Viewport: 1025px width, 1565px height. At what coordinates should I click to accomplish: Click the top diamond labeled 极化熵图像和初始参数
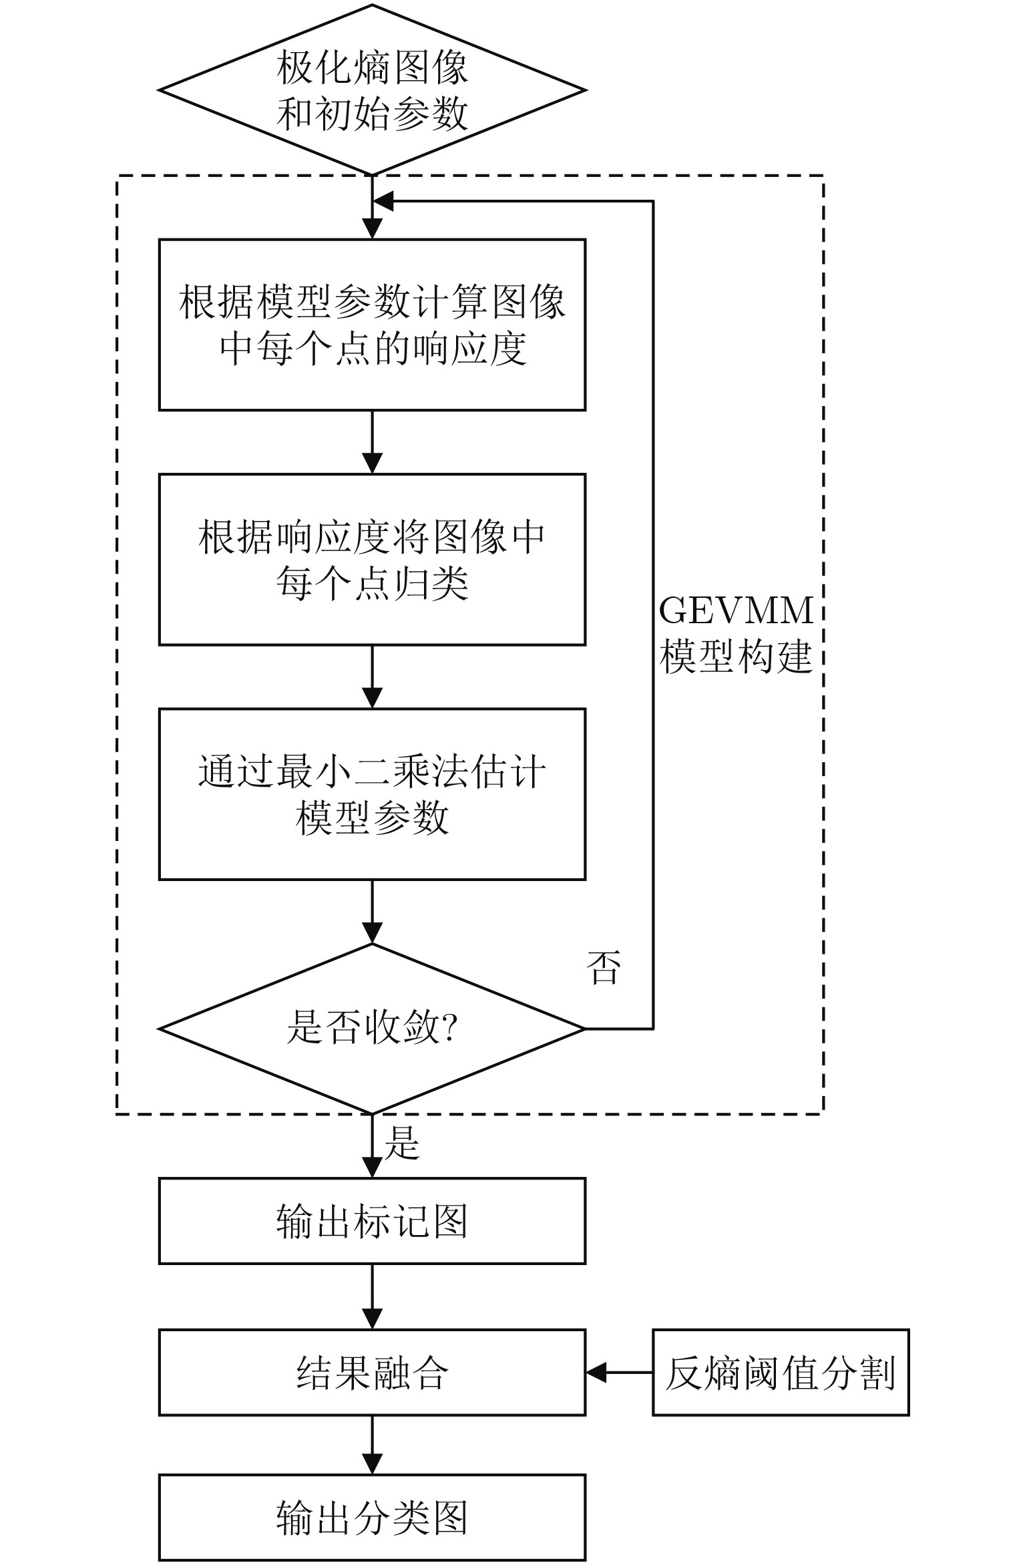[x=372, y=90]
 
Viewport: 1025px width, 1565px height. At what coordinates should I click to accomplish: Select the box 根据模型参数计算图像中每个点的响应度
[x=372, y=325]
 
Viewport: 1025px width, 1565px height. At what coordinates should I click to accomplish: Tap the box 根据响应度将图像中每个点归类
[x=372, y=559]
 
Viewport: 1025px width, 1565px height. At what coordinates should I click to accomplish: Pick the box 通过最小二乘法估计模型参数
[x=372, y=794]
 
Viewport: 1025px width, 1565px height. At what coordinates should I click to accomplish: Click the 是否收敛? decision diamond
[x=372, y=1028]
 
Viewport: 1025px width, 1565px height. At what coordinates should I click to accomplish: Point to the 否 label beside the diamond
[x=603, y=968]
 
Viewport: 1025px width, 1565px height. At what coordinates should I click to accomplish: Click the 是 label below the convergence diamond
[x=401, y=1143]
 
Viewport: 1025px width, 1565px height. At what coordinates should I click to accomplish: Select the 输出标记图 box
[x=372, y=1221]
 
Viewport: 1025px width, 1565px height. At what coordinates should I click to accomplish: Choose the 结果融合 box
[x=372, y=1373]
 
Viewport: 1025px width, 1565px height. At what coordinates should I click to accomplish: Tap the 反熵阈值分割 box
[x=781, y=1373]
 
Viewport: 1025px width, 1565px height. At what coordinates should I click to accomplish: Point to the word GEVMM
[x=736, y=610]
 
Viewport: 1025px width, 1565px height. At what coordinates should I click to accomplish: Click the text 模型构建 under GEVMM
[x=736, y=657]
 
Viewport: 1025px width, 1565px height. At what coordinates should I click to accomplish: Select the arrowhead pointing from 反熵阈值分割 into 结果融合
[x=596, y=1373]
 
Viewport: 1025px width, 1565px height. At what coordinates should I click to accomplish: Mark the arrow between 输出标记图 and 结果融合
[x=372, y=1296]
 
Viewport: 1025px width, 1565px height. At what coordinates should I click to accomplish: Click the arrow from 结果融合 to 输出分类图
[x=372, y=1444]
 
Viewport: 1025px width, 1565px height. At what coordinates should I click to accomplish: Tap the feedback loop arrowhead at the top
[x=383, y=201]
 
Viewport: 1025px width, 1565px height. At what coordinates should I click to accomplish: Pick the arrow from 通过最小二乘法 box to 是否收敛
[x=372, y=911]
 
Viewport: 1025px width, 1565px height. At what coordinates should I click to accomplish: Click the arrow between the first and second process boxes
[x=372, y=442]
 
